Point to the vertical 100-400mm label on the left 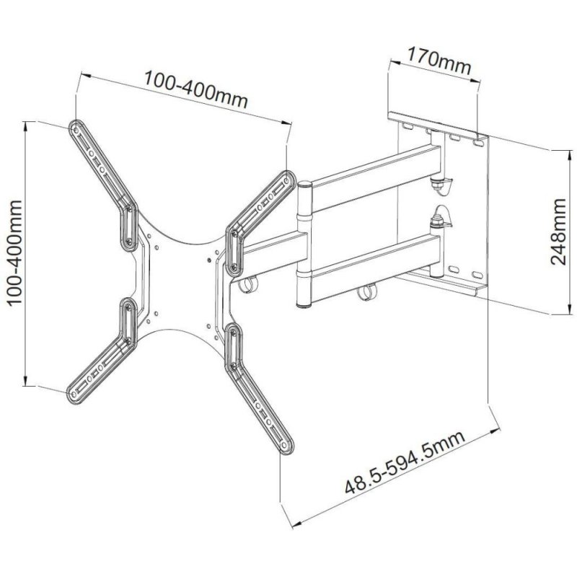15,254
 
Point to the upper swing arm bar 375,173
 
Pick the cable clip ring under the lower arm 367,293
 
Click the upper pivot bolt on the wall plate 438,184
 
